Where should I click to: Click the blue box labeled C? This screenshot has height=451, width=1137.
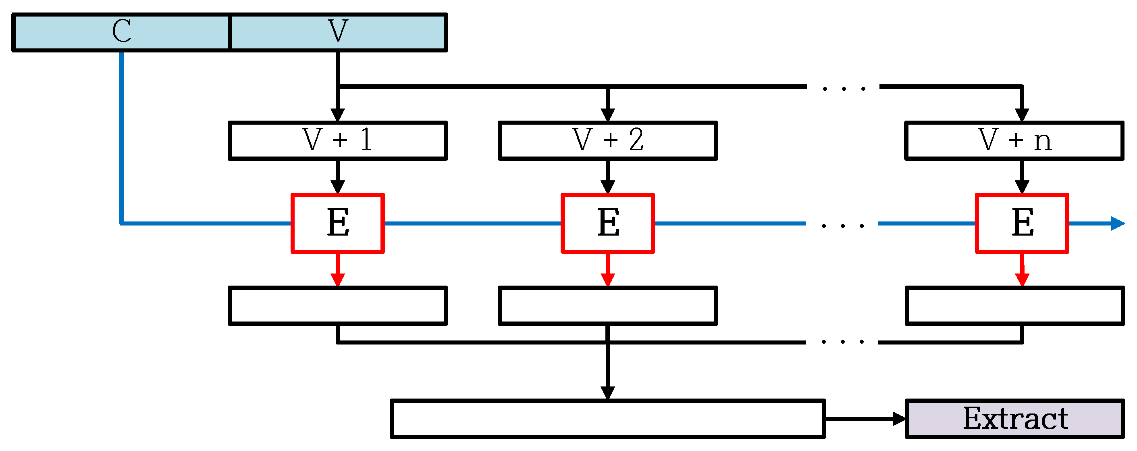(121, 32)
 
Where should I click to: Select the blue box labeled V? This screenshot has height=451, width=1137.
(338, 32)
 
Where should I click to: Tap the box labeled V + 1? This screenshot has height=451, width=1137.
(338, 140)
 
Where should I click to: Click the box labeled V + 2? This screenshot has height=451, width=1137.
(608, 140)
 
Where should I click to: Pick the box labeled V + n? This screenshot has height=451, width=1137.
(1015, 140)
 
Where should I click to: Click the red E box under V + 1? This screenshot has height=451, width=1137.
(338, 223)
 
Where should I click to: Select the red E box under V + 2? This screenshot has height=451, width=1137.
(608, 223)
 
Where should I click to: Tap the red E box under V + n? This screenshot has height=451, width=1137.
(1022, 223)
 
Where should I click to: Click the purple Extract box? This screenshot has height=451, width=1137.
(1015, 419)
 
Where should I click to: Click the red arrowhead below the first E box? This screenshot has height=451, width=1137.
(338, 280)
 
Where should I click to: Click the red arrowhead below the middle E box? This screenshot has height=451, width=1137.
(608, 280)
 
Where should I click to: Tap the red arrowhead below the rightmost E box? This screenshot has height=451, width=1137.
(1022, 280)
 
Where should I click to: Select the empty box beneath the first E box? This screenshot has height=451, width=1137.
(338, 306)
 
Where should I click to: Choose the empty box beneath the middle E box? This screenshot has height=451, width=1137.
(608, 306)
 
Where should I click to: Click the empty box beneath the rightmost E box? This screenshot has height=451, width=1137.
(1015, 306)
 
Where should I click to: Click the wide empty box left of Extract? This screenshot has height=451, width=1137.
(608, 419)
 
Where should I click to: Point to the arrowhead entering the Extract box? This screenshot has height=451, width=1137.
(899, 419)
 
